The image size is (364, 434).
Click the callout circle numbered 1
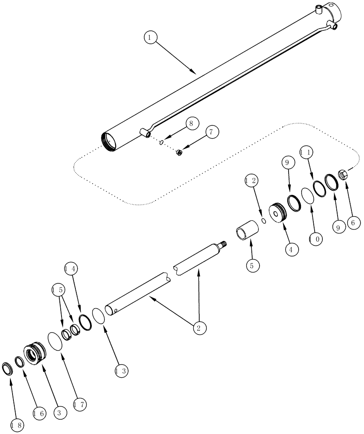tap(150, 38)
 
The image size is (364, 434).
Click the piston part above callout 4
tap(278, 213)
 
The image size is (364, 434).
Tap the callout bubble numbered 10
tap(315, 238)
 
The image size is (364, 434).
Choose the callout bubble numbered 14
tap(72, 269)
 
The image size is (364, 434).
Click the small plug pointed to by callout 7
tap(179, 152)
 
